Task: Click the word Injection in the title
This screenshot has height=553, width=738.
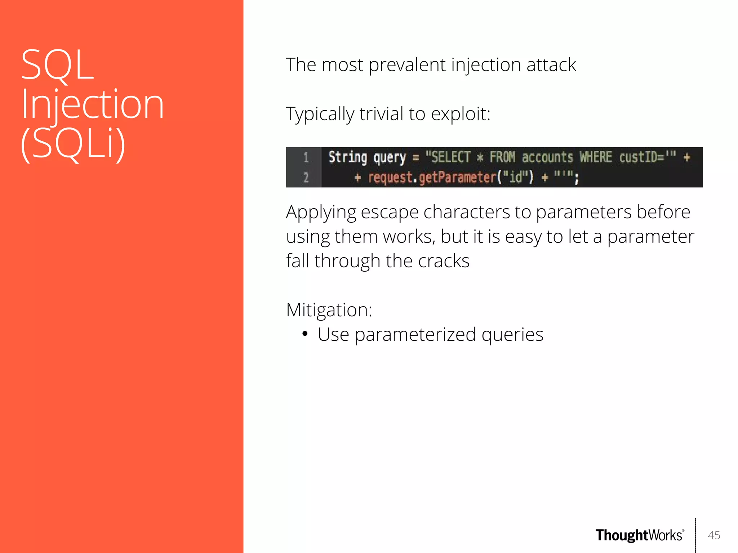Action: pyautogui.click(x=93, y=104)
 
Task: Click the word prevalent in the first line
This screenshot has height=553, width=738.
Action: pyautogui.click(x=407, y=65)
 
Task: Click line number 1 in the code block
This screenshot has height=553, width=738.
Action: pyautogui.click(x=306, y=157)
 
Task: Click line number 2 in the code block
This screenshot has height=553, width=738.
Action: pyautogui.click(x=306, y=178)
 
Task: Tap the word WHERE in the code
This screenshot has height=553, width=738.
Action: pyautogui.click(x=595, y=157)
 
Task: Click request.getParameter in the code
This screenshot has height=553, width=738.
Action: pyautogui.click(x=432, y=178)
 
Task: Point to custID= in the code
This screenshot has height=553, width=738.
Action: pyautogui.click(x=641, y=157)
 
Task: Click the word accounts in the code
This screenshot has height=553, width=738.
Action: pyautogui.click(x=547, y=157)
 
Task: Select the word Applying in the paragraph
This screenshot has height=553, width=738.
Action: pyautogui.click(x=321, y=212)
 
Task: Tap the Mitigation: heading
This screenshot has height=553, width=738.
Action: pyautogui.click(x=329, y=310)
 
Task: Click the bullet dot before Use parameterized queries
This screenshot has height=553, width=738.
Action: pyautogui.click(x=305, y=334)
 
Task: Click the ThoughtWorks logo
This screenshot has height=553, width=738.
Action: pyautogui.click(x=639, y=535)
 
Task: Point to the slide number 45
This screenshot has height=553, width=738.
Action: pyautogui.click(x=713, y=535)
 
